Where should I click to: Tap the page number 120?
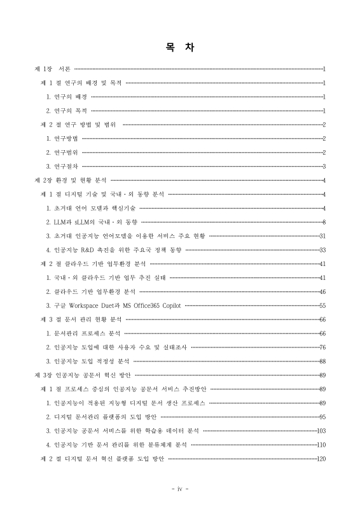click(x=321, y=458)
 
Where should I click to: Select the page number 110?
click(x=321, y=444)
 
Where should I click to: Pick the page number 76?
click(x=322, y=347)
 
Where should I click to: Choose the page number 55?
click(x=322, y=305)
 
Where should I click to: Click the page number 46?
click(x=322, y=291)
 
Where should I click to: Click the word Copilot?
click(x=170, y=305)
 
